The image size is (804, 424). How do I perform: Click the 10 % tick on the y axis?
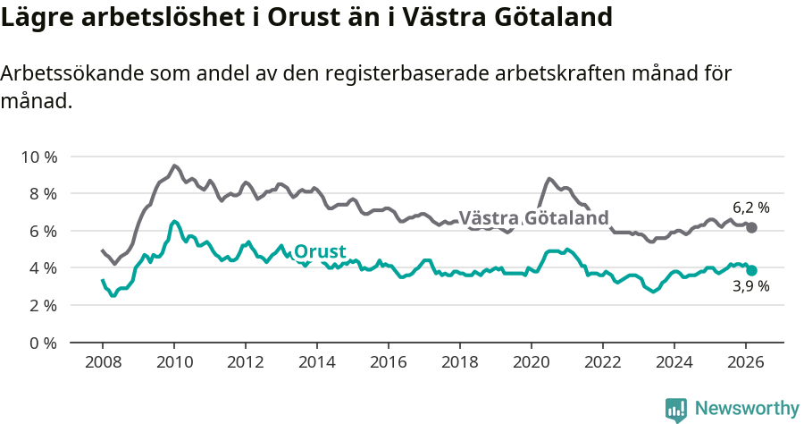38,157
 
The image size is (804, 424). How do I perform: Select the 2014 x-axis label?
316,362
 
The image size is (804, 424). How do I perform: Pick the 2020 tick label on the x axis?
532,362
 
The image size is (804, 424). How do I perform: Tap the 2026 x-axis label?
746,362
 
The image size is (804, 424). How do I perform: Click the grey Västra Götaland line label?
533,218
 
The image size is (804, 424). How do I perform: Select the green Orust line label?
321,251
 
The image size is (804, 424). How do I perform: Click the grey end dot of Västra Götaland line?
752,228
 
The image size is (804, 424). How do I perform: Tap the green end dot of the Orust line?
752,270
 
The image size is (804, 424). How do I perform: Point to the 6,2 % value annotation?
750,208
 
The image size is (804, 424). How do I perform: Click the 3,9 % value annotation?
750,287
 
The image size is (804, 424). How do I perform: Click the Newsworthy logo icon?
676,409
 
